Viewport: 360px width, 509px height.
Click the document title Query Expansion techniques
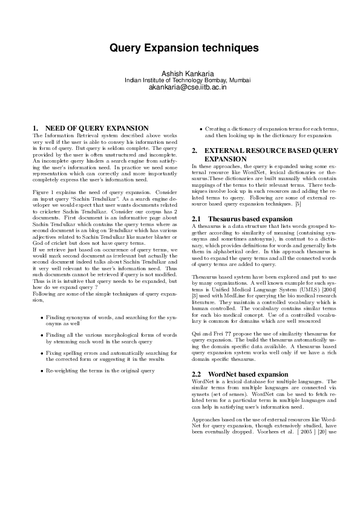180,47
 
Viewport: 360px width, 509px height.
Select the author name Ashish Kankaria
180,73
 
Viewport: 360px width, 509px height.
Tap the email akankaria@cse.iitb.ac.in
180,87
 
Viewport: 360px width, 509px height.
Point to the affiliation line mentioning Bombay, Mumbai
180,80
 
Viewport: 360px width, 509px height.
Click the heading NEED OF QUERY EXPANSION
97,128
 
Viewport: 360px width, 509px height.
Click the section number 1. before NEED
34,128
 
